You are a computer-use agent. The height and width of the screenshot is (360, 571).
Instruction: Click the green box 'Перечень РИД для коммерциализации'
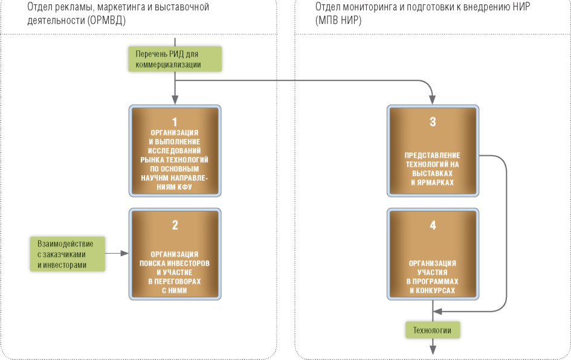pyautogui.click(x=175, y=59)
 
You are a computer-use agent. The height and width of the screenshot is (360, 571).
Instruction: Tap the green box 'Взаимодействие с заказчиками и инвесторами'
pyautogui.click(x=66, y=254)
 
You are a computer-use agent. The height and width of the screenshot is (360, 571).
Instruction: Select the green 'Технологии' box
pyautogui.click(x=432, y=330)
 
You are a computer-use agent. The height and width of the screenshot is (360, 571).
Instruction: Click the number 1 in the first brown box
pyautogui.click(x=175, y=121)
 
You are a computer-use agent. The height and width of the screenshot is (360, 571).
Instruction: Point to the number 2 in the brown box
pyautogui.click(x=175, y=225)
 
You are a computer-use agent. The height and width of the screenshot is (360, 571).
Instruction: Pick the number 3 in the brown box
pyautogui.click(x=433, y=121)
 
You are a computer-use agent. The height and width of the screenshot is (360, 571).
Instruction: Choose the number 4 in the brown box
pyautogui.click(x=433, y=225)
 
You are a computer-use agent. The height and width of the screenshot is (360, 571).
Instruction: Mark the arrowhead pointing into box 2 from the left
pyautogui.click(x=126, y=254)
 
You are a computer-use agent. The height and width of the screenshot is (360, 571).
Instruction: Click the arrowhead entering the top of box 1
pyautogui.click(x=175, y=101)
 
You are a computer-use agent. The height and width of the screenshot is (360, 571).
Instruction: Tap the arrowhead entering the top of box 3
pyautogui.click(x=433, y=101)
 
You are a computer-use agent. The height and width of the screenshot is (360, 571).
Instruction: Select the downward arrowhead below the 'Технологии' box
pyautogui.click(x=433, y=349)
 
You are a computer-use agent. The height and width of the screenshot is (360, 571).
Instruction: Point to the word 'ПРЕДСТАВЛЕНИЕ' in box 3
pyautogui.click(x=433, y=155)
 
